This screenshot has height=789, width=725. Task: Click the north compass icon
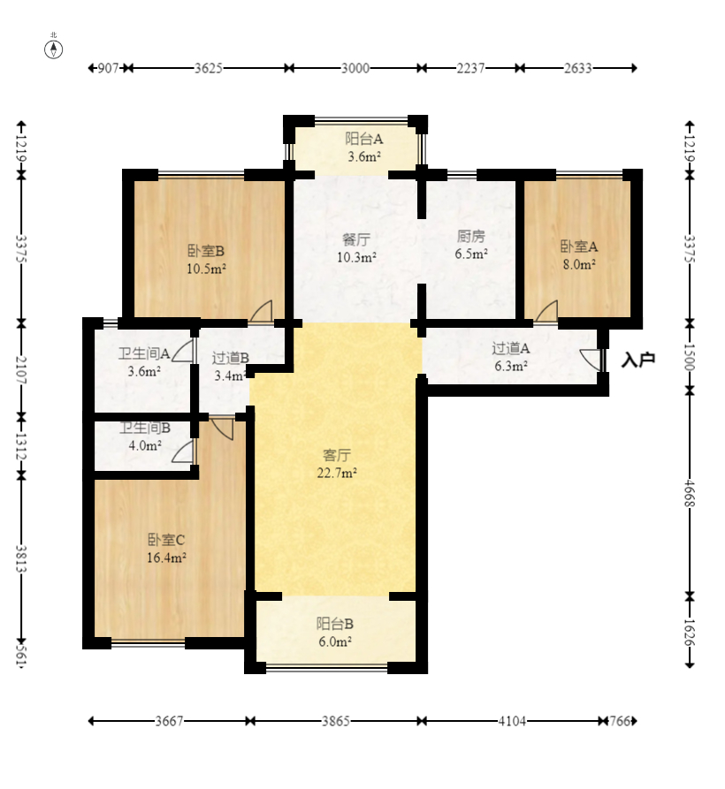point(54,49)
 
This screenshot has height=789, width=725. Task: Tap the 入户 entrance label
point(637,360)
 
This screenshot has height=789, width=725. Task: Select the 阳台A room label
point(363,139)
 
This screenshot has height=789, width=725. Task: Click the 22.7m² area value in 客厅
point(337,473)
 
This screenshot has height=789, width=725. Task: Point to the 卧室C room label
point(166,540)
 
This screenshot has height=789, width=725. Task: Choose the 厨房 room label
point(470,236)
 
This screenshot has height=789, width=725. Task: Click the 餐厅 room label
point(356,239)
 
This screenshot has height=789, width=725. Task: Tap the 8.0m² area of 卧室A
point(579,264)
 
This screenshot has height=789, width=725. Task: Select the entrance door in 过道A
point(591,360)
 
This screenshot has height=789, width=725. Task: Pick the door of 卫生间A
point(183,350)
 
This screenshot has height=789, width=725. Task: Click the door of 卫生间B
point(183,451)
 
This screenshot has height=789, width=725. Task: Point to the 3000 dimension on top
point(355,68)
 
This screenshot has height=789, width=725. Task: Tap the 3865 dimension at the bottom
point(336,721)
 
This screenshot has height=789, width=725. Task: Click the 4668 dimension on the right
point(690,494)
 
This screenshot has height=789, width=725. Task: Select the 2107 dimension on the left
point(21,370)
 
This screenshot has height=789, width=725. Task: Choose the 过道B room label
point(230,358)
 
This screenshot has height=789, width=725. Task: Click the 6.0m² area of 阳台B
point(335,641)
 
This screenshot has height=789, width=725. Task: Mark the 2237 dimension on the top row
point(470,68)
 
